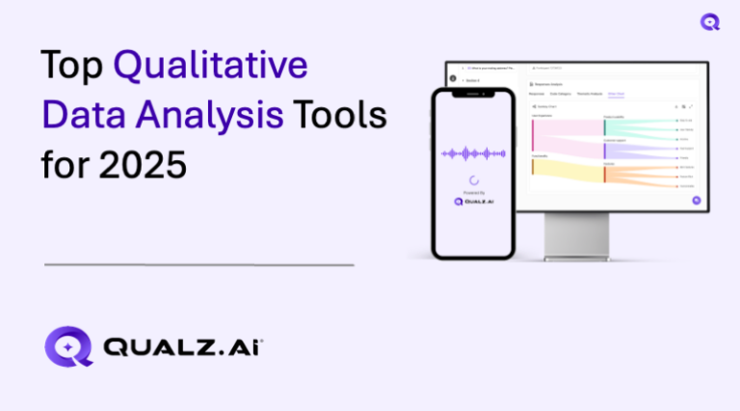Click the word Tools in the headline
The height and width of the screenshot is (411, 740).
tap(340, 116)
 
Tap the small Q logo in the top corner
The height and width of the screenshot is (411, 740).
tap(711, 21)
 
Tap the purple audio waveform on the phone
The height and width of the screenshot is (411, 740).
tap(473, 153)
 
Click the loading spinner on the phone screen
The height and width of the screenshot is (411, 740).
tap(473, 179)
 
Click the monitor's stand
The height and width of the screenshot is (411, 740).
tap(574, 237)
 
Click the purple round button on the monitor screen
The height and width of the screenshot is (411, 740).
tap(696, 200)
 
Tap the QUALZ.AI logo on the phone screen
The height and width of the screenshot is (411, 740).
tap(473, 202)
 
